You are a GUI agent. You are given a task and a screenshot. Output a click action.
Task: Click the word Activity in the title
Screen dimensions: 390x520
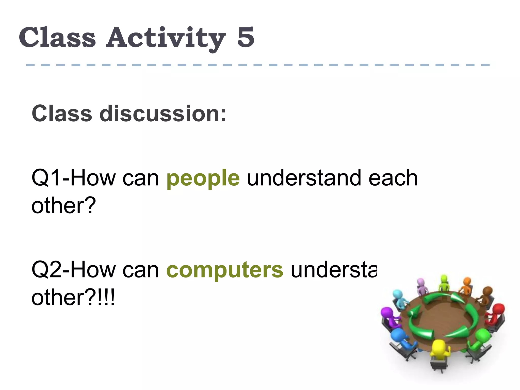click(x=166, y=38)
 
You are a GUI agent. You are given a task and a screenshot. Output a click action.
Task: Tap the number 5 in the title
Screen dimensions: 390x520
click(x=246, y=37)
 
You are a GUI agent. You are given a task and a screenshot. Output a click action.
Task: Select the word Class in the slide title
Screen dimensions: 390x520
click(x=57, y=37)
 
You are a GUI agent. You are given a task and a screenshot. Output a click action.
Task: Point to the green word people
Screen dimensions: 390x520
click(x=203, y=178)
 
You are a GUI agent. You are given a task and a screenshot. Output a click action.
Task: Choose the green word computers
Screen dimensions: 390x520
click(x=224, y=270)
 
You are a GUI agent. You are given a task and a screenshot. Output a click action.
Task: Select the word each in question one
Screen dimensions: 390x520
click(x=393, y=178)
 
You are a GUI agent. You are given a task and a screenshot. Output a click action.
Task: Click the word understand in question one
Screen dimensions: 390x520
click(x=304, y=178)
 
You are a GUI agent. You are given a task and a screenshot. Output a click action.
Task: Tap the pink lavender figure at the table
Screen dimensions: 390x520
click(x=421, y=286)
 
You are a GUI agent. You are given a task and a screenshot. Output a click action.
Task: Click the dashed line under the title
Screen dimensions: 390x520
click(x=257, y=65)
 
